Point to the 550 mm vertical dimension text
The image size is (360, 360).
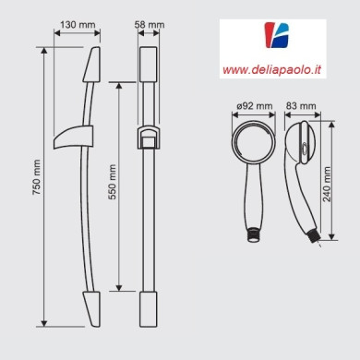113,185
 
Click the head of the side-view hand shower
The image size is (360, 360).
300,147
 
